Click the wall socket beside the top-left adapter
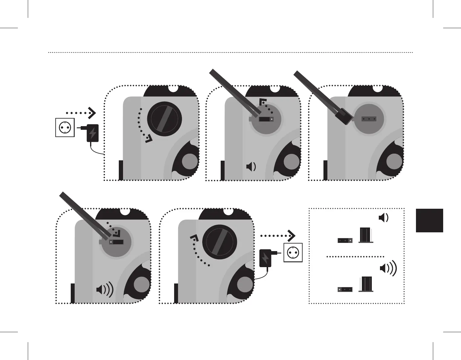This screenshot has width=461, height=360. click(x=65, y=128)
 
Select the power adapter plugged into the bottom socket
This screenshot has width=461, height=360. click(x=265, y=258)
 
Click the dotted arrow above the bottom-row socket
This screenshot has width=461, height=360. click(x=278, y=235)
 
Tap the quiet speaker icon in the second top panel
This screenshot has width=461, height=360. click(x=251, y=167)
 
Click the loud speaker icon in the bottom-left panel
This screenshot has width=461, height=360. click(x=105, y=290)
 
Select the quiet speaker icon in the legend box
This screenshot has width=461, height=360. click(x=384, y=218)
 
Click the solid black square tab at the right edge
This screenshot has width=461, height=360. click(x=429, y=220)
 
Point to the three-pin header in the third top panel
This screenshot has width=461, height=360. click(x=369, y=119)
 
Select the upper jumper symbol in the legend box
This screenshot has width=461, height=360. click(x=345, y=241)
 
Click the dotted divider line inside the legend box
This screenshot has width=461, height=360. click(x=355, y=257)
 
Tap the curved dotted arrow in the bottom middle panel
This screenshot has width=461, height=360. click(x=198, y=251)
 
